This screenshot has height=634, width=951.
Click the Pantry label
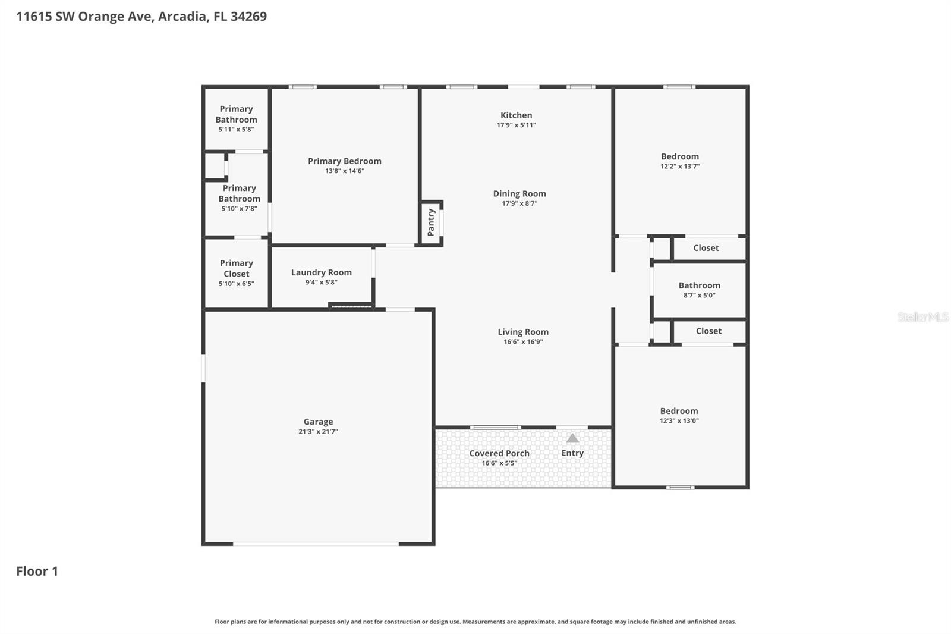[432, 222]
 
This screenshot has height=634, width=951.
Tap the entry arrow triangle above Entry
[572, 438]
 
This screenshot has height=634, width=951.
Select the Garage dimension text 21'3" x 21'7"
[318, 432]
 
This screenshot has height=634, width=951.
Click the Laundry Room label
[321, 272]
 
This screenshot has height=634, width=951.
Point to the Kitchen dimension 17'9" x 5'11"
[516, 125]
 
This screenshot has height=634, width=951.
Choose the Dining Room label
[519, 193]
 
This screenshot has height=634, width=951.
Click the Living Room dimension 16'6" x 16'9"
[523, 341]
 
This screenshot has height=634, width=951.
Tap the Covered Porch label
[499, 453]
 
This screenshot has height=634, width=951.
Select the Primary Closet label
[236, 268]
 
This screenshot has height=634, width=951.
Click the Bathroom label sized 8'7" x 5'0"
[699, 285]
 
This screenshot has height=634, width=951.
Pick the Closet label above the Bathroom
[706, 248]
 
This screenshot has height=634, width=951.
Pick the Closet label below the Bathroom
[708, 331]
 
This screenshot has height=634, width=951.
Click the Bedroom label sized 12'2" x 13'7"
[679, 156]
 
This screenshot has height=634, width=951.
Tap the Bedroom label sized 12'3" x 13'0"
[679, 411]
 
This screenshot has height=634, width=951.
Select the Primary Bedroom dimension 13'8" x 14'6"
[344, 171]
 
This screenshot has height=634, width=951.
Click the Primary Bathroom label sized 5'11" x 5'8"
[236, 114]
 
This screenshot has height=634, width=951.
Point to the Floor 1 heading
[37, 571]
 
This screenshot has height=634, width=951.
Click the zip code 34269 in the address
[248, 16]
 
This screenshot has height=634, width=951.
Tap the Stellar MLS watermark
[922, 317]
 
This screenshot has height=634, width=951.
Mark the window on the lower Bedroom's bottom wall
[679, 488]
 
